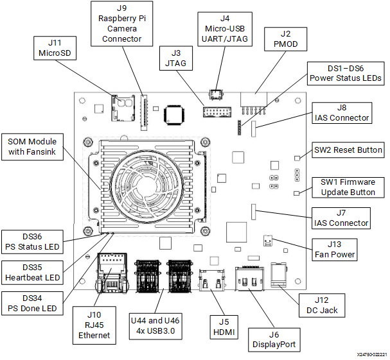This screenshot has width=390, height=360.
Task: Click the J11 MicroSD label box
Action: click(54, 47)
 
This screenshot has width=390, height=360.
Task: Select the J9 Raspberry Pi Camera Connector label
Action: click(121, 22)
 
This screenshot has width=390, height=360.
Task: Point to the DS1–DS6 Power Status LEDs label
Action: click(345, 73)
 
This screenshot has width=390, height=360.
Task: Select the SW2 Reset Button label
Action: click(348, 150)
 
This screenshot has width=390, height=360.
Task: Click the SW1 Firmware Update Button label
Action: click(348, 187)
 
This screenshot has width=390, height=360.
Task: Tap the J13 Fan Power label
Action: click(333, 248)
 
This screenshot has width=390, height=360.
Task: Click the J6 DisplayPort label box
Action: click(274, 338)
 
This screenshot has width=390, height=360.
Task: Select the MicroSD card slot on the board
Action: click(120, 103)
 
